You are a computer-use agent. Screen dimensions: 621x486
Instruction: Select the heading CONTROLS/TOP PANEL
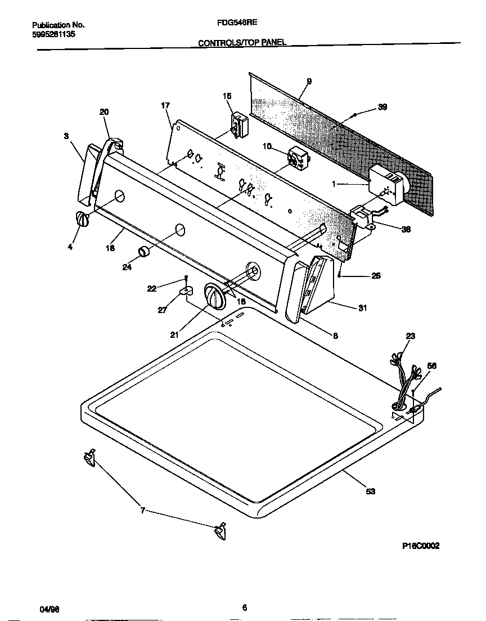242,43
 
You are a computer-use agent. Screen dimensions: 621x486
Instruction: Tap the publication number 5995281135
54,34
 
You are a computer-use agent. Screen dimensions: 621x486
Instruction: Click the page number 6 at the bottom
244,607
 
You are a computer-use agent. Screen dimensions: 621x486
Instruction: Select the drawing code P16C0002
421,546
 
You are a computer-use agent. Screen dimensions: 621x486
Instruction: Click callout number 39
382,108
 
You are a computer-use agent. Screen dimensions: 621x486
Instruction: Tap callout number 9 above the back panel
309,82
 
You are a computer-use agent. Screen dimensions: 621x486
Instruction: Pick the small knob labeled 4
82,219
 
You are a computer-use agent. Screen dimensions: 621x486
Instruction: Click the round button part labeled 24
145,251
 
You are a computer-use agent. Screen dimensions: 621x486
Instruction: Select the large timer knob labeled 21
214,296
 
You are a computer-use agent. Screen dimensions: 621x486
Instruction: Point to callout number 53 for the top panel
370,492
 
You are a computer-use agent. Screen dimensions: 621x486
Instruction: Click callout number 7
143,511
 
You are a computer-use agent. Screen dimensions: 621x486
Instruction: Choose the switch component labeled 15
240,124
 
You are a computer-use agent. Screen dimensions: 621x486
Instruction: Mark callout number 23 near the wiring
410,336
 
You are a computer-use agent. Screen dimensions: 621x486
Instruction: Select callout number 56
431,366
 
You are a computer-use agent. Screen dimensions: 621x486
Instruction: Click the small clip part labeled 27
185,291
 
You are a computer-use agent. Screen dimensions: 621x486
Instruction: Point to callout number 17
165,105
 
